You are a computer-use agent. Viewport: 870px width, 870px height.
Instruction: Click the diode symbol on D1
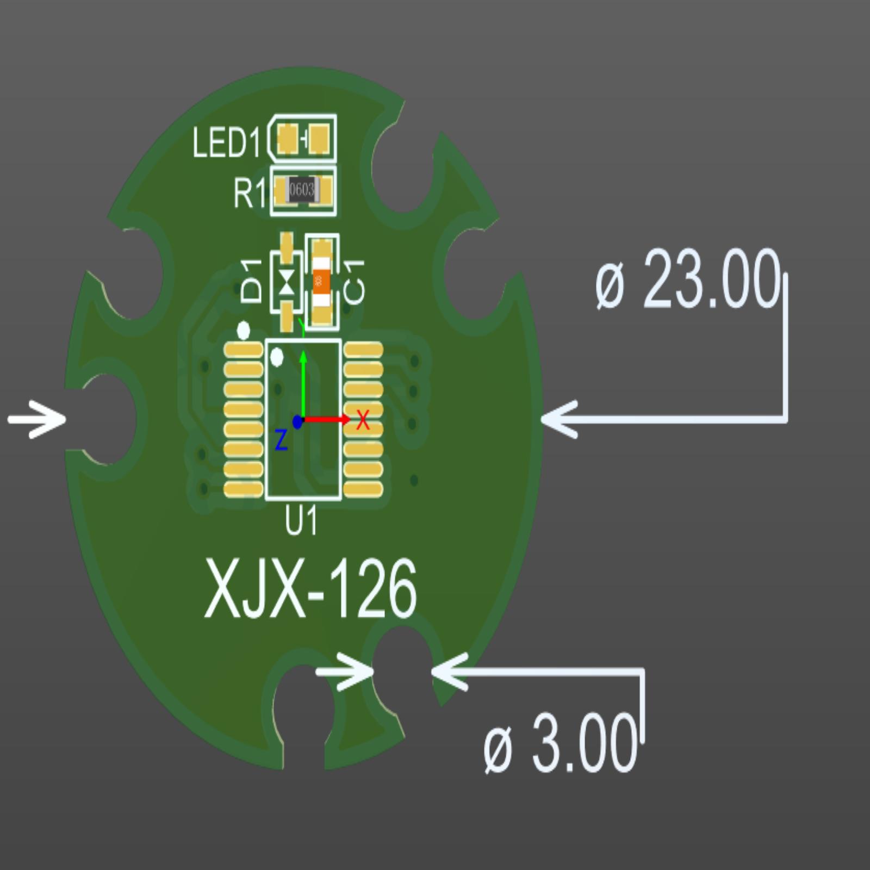tap(287, 282)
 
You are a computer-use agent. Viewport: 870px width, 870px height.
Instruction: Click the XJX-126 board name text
tap(310, 591)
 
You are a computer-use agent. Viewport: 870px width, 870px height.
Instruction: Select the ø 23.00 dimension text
tap(687, 279)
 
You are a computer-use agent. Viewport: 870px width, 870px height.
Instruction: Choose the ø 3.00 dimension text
tap(560, 743)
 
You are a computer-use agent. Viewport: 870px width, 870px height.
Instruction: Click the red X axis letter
tap(363, 420)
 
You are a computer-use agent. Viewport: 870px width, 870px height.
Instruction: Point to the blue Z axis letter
tap(281, 440)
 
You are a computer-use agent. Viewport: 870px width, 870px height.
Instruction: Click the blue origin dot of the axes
tap(297, 421)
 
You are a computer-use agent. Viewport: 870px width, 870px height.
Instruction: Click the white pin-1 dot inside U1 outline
tap(277, 358)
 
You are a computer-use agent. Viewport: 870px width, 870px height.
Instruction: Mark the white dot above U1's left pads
tap(244, 330)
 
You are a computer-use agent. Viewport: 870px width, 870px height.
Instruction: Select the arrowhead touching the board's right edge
tap(560, 419)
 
